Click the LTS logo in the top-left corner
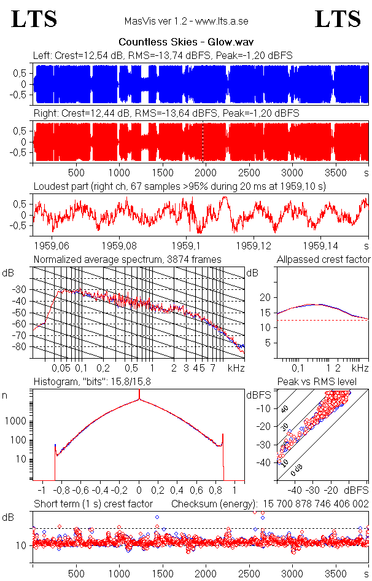point(34,19)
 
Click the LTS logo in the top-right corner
point(338,19)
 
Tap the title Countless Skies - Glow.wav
point(186,42)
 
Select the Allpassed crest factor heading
point(324,260)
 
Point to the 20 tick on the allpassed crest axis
point(266,297)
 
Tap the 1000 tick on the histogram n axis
point(17,421)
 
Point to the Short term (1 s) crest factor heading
point(92,504)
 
